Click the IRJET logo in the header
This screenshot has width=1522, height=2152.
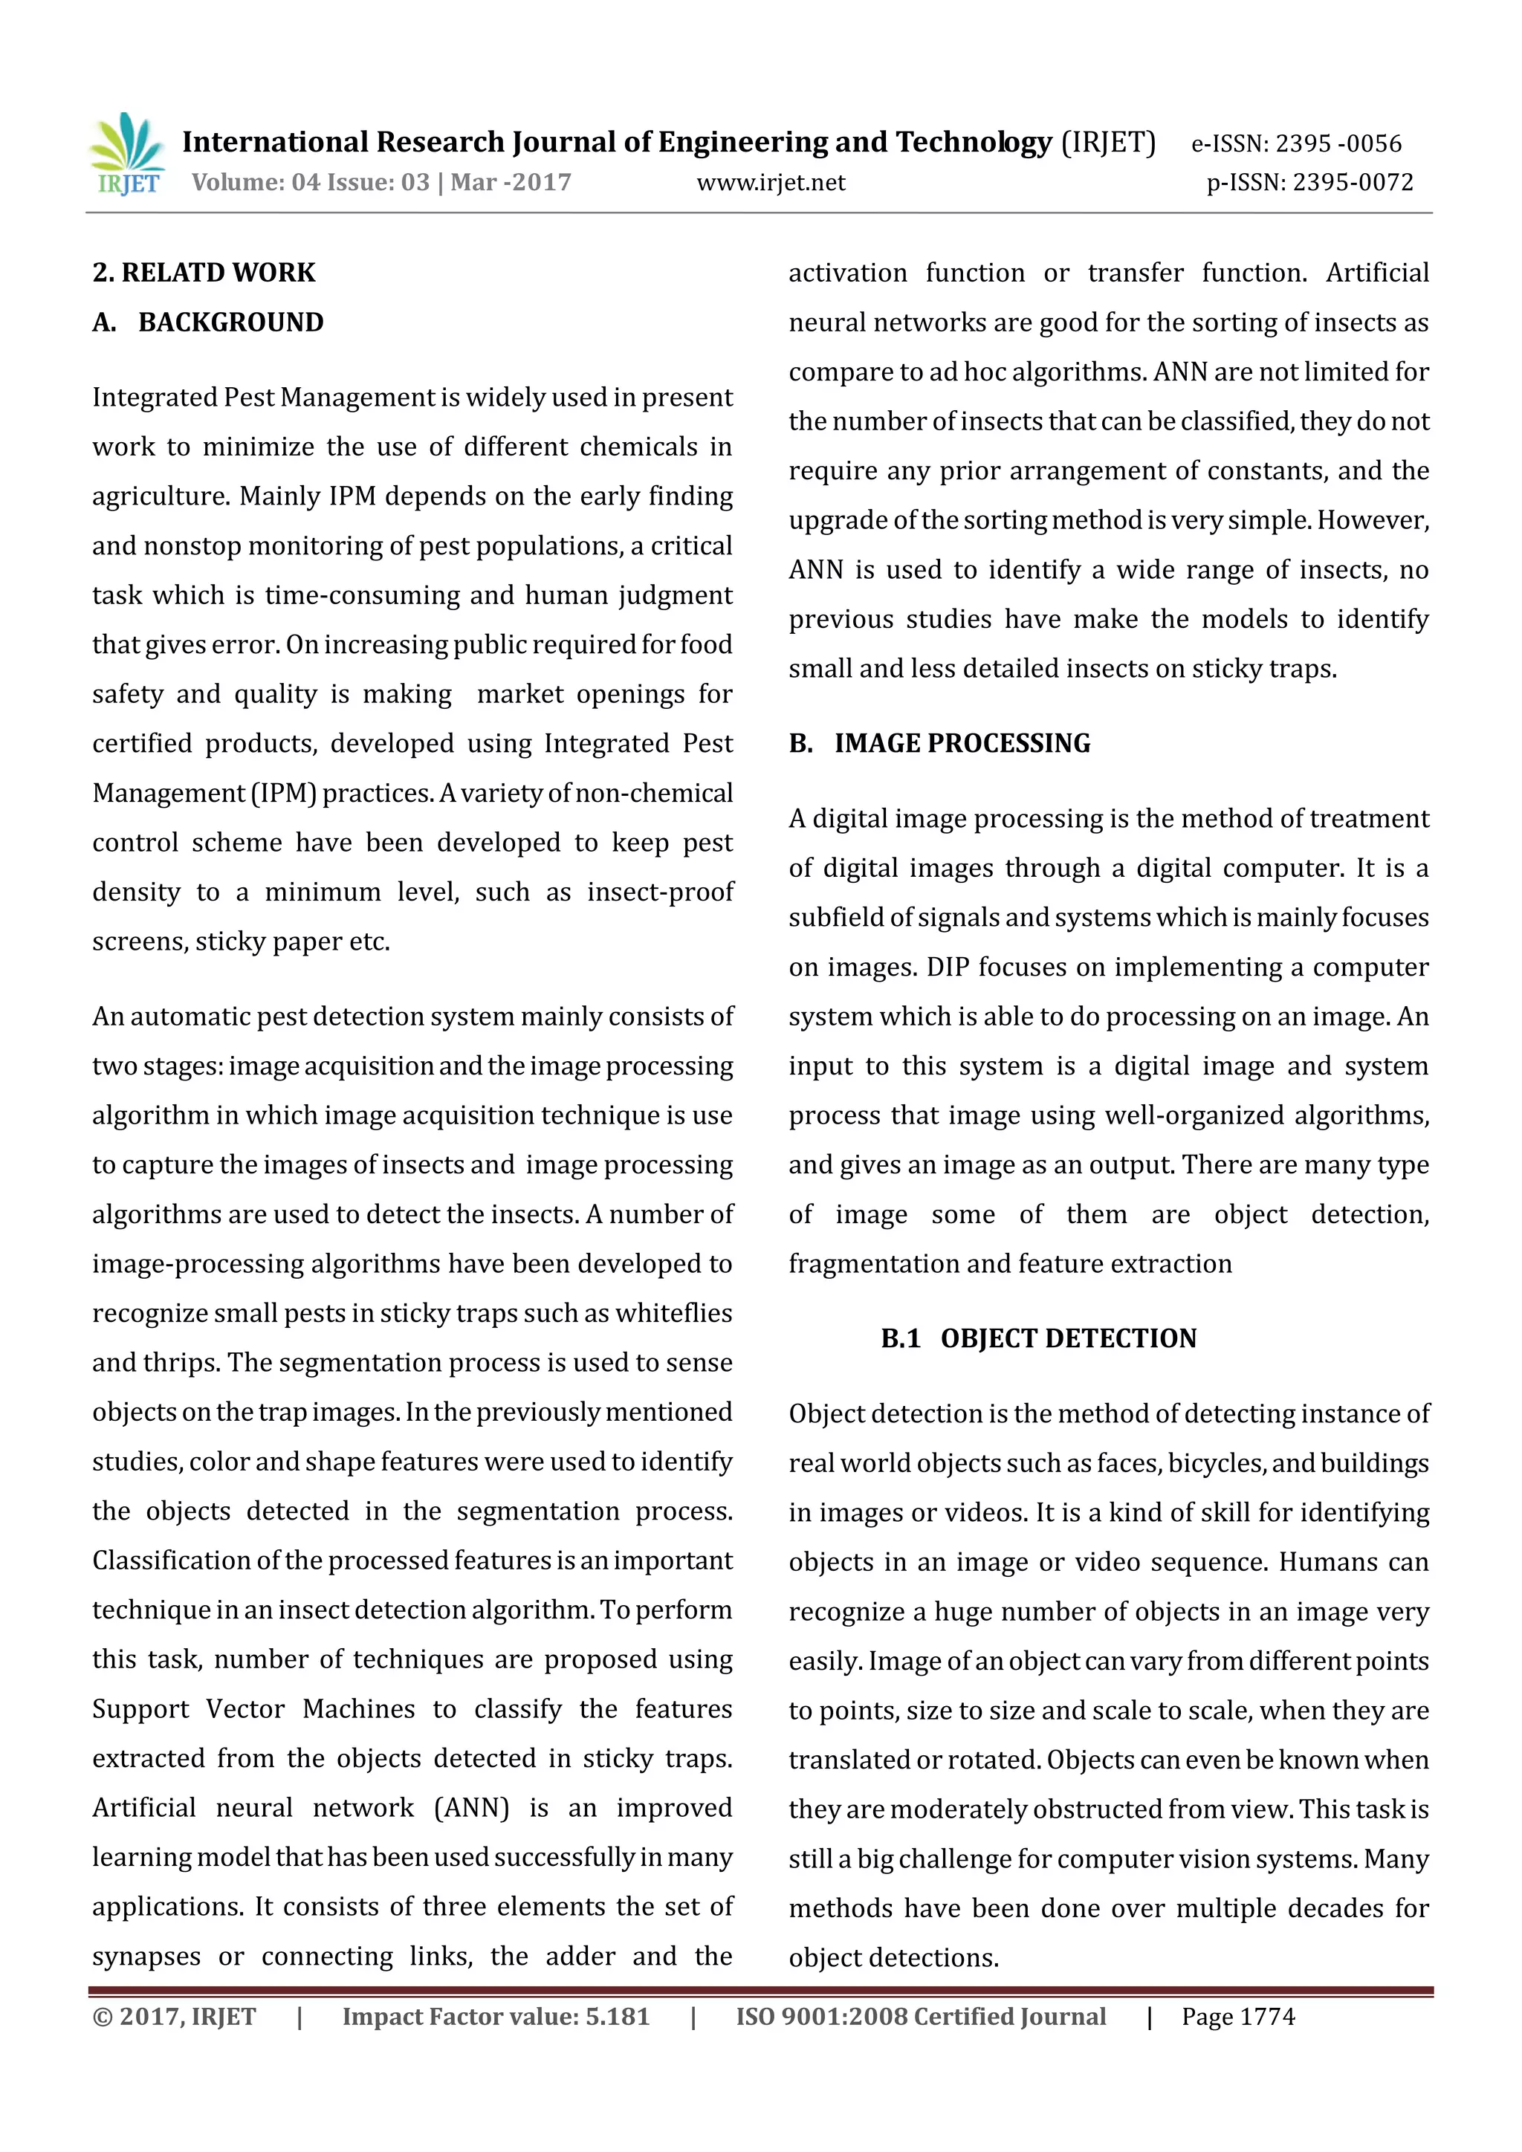[x=128, y=154]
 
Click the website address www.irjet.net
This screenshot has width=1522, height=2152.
[x=771, y=183]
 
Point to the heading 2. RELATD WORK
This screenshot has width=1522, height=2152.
[x=204, y=273]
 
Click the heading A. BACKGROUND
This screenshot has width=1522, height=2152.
[x=208, y=323]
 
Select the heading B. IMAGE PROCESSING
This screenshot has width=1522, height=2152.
[x=939, y=743]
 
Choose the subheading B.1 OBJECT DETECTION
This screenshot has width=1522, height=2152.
[x=1038, y=1338]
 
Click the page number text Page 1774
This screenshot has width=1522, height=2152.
[x=1238, y=2016]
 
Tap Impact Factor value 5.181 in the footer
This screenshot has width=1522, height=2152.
[x=496, y=2016]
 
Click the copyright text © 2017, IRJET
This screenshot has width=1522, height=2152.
[x=175, y=2016]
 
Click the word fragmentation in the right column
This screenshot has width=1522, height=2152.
[x=873, y=1263]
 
